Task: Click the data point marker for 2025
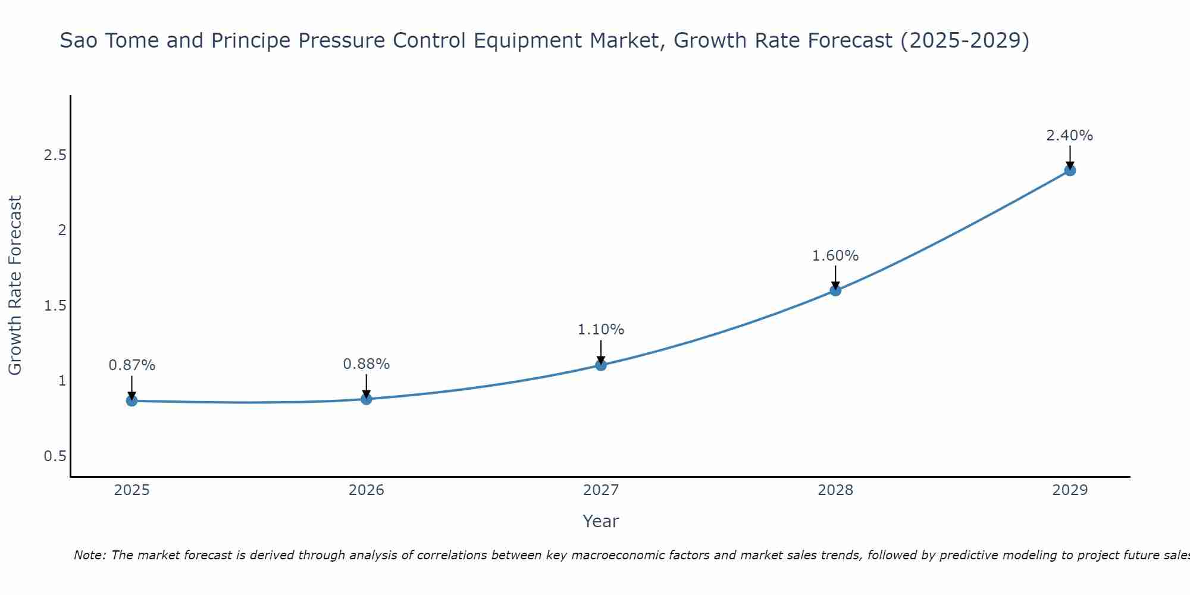click(131, 401)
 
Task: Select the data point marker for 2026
click(367, 399)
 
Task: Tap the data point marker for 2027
click(601, 365)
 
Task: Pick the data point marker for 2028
click(835, 290)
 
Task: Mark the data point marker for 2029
click(1070, 171)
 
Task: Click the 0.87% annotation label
click(131, 365)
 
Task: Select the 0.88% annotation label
click(367, 364)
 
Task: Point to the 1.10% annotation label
click(601, 330)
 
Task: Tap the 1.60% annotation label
click(835, 256)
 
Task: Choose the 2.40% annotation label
click(1070, 136)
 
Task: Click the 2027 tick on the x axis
click(601, 490)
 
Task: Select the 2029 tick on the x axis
click(1070, 490)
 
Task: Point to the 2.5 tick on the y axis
click(55, 155)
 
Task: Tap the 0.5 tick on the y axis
click(55, 456)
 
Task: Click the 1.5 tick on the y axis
click(55, 306)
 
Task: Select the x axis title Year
click(601, 521)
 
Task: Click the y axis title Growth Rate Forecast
click(15, 286)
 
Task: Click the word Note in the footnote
click(89, 555)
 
